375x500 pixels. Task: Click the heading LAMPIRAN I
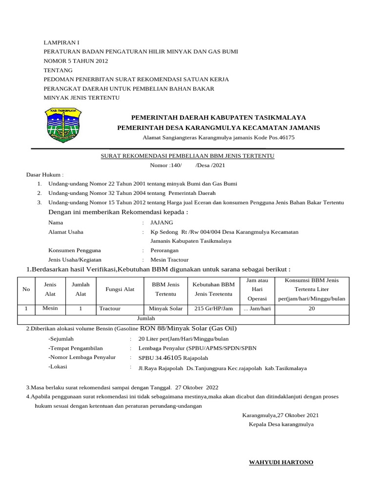[61, 43]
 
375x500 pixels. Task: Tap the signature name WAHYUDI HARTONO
[281, 462]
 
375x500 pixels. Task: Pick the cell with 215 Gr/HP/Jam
[213, 309]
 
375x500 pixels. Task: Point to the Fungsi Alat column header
[120, 289]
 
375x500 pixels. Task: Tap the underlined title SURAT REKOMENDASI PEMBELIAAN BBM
[187, 156]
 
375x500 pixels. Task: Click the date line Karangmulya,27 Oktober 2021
[280, 415]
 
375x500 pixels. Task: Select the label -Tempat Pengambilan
[76, 348]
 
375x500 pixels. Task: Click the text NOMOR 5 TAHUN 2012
[76, 61]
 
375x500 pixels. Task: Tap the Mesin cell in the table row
[50, 309]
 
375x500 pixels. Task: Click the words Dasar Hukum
[44, 174]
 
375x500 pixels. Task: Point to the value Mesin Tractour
[169, 260]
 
